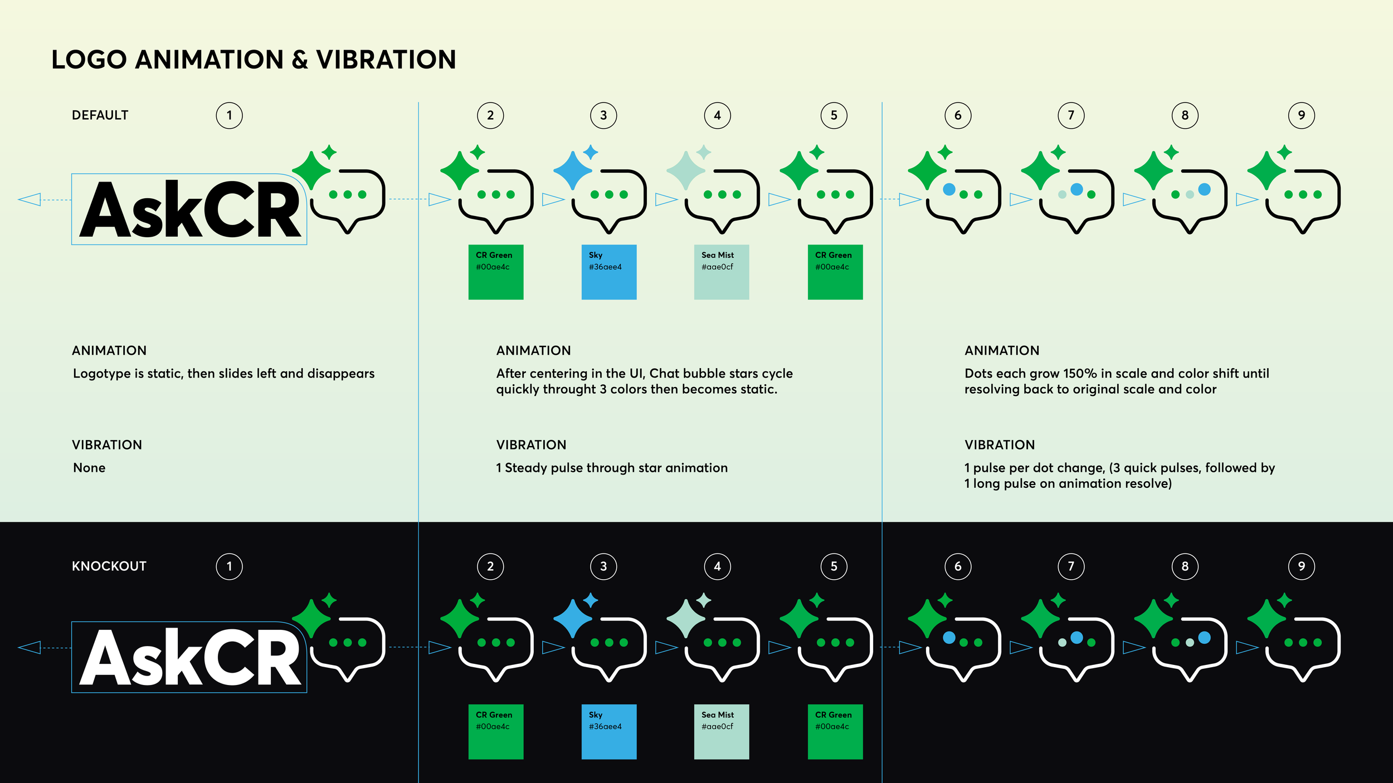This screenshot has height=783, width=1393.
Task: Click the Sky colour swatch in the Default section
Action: (x=608, y=272)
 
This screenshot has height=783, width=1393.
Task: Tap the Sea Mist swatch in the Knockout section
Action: (x=721, y=732)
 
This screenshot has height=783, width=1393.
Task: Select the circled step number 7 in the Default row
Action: (x=1070, y=116)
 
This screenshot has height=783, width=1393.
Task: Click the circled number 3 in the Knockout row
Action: (x=603, y=566)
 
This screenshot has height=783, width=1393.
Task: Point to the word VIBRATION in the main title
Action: (x=386, y=60)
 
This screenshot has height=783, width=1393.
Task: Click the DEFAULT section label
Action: (x=100, y=115)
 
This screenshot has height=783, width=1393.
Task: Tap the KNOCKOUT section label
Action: (x=109, y=566)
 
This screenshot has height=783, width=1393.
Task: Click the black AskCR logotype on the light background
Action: (x=189, y=209)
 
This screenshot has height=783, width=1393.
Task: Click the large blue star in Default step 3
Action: (x=572, y=170)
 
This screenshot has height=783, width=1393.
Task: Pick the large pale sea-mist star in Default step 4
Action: (x=686, y=170)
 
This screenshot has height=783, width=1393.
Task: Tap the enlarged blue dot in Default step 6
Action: (x=949, y=189)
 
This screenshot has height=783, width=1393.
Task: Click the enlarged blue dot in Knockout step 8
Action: (x=1204, y=637)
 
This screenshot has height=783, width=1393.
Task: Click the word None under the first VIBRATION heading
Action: (x=89, y=468)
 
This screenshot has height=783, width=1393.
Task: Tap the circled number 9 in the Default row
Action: (x=1301, y=116)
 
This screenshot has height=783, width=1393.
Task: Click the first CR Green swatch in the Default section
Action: (x=495, y=272)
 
